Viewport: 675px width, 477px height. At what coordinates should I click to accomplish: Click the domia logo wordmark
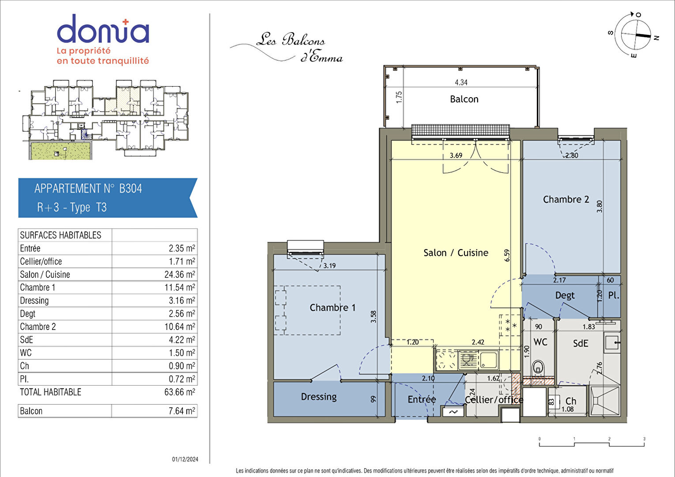point(103,29)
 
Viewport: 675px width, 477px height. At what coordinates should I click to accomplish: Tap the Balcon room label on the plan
point(464,99)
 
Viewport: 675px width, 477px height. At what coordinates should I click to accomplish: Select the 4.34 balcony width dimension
point(461,82)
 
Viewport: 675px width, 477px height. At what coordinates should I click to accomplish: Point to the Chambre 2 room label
point(566,199)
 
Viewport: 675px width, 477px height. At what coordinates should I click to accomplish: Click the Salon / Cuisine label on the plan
point(456,253)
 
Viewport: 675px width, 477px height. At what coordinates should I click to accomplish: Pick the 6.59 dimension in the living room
point(507,255)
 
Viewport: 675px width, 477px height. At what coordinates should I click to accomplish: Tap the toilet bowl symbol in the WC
point(538,368)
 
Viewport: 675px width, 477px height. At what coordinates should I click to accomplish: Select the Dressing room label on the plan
point(319,397)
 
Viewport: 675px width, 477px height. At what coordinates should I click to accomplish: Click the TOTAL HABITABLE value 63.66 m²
point(180,392)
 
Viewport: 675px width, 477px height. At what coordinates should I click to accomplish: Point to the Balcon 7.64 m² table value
point(182,411)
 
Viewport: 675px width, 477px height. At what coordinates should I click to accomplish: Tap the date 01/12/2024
point(185,459)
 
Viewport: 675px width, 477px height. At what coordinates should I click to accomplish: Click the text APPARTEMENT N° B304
point(88,189)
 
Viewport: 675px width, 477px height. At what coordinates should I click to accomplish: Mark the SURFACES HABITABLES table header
point(60,235)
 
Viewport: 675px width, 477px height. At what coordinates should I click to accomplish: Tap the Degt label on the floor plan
point(565,295)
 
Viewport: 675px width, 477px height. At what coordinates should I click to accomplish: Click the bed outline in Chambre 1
point(308,310)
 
